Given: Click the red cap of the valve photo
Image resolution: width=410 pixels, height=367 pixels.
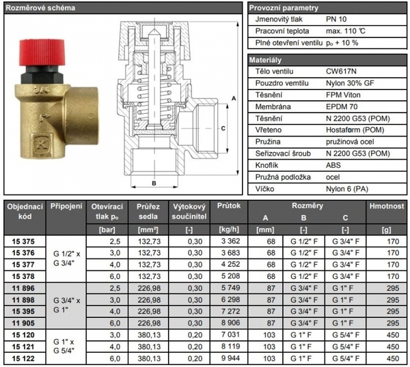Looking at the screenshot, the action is [x=42, y=53].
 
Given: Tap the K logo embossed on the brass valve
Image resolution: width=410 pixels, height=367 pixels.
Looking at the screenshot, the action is [x=42, y=144].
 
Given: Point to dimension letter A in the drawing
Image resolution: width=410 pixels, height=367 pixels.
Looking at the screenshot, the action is [x=234, y=98].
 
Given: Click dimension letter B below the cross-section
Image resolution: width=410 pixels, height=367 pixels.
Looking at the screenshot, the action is [x=154, y=183].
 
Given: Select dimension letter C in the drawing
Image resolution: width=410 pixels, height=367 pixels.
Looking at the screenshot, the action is [x=223, y=128].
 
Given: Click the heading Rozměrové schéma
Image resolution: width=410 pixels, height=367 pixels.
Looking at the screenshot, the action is [x=40, y=8].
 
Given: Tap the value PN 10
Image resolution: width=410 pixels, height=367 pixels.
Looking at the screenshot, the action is [x=336, y=19].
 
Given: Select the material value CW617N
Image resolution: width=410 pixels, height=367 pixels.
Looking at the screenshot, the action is [x=341, y=72].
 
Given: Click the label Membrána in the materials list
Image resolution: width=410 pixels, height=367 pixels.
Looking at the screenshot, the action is [x=273, y=107].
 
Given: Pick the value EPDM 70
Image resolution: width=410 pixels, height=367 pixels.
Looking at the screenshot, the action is [x=342, y=107].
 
